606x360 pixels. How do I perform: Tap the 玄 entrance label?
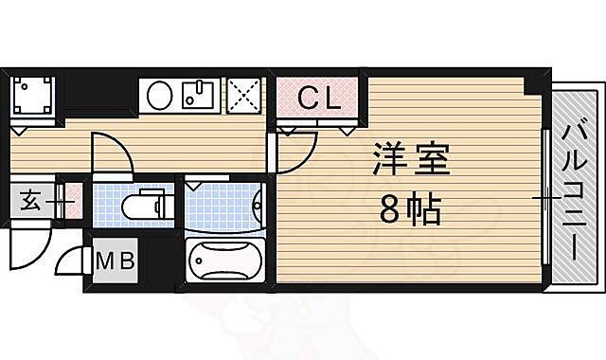[x=29, y=201]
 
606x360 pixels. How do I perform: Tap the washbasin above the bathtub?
[x=257, y=202]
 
